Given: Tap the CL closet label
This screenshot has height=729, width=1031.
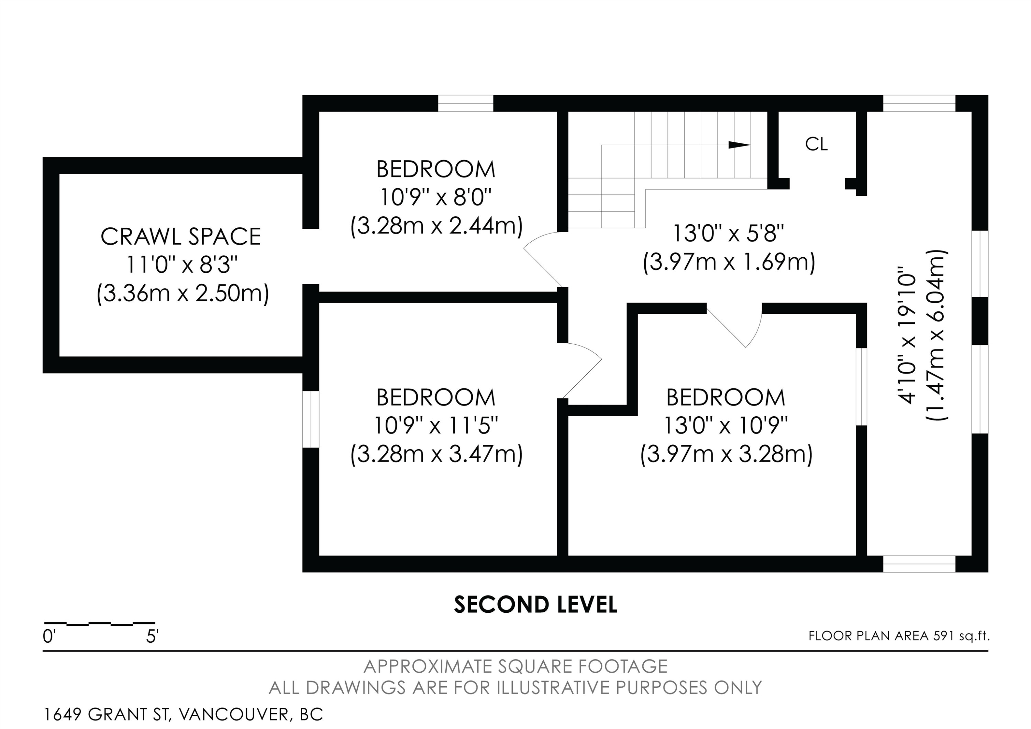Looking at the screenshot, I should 816,144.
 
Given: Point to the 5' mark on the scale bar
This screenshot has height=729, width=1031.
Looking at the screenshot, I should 152,637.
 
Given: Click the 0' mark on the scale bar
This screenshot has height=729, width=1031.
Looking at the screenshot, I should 48,637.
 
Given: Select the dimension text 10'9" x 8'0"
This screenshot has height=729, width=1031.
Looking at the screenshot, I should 436,197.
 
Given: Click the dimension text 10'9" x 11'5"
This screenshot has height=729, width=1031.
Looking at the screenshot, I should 436,425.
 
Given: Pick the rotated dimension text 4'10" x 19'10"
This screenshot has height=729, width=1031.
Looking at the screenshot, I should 907,335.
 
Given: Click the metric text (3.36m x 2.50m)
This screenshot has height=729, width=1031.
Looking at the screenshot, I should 183,293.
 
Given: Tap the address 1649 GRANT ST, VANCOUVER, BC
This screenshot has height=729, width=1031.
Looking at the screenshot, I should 183,714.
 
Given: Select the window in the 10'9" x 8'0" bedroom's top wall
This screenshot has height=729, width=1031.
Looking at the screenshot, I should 465,103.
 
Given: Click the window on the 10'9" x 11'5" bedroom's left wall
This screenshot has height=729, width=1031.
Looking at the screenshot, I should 310,419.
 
